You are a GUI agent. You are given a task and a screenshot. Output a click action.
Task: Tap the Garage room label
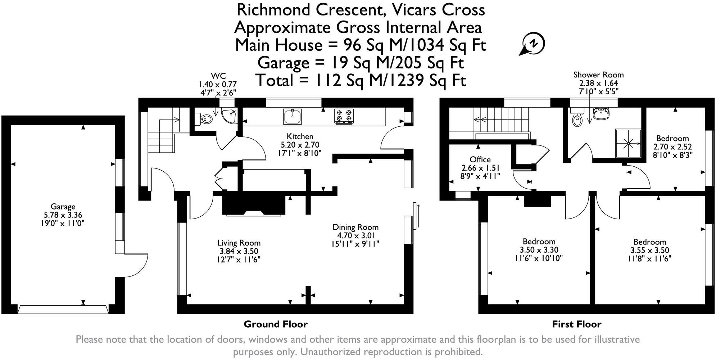point(63,207)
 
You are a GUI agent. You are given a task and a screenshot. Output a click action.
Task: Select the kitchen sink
point(293,116)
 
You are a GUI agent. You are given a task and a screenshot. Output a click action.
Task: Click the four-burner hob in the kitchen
point(344,117)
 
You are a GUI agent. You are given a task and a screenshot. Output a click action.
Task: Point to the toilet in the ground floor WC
point(203,119)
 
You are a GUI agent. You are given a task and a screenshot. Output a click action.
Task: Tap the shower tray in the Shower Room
point(628,143)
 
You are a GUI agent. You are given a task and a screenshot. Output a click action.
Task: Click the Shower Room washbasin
point(601,113)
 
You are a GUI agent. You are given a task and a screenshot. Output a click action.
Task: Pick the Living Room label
point(239,243)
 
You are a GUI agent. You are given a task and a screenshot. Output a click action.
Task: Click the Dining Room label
point(355,227)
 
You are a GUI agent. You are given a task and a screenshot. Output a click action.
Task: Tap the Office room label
point(480,159)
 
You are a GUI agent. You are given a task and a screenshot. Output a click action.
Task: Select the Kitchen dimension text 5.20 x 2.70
point(300,145)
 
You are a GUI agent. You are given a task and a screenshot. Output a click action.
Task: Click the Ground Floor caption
point(276,324)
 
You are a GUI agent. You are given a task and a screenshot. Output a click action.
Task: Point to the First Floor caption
point(577,324)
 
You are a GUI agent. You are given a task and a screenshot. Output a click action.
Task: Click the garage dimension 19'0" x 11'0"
point(63,223)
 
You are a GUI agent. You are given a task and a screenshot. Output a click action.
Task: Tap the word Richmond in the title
point(273,10)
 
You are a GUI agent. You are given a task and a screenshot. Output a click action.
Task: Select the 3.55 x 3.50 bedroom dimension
point(650,251)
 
